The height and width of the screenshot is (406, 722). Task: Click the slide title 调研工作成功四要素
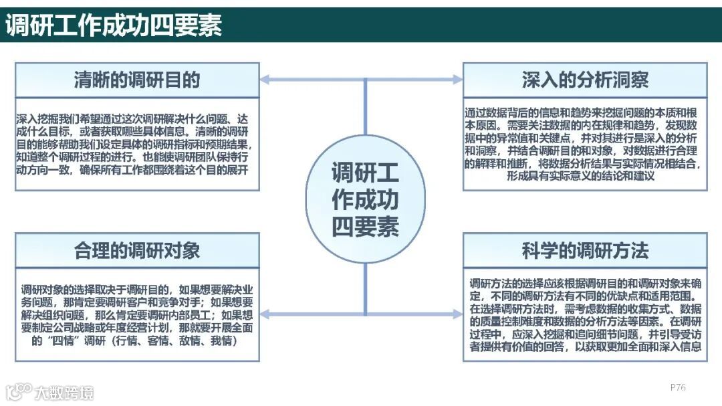(x=114, y=25)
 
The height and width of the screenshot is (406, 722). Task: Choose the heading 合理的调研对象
(x=137, y=251)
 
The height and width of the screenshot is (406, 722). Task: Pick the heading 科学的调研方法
(x=585, y=251)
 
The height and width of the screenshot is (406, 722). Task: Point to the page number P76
(x=678, y=387)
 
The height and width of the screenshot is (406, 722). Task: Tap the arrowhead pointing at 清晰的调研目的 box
(x=265, y=80)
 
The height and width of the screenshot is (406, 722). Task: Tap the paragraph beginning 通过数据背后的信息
(x=585, y=144)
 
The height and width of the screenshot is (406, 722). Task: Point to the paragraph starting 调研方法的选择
(x=585, y=315)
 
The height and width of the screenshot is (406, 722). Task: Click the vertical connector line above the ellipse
(x=365, y=107)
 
